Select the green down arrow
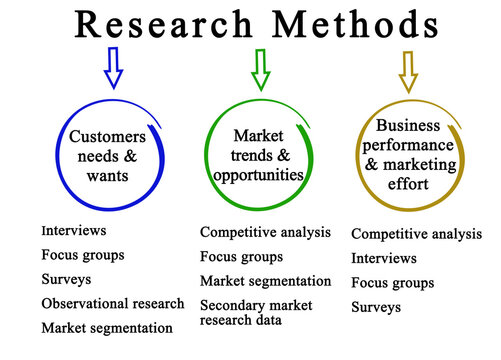click(x=261, y=70)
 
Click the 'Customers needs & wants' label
click(x=108, y=155)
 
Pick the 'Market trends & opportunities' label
click(x=258, y=155)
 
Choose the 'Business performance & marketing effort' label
click(x=408, y=154)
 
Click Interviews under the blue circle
click(x=74, y=230)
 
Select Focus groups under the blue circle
click(x=83, y=254)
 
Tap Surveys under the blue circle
click(x=66, y=278)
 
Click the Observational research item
click(x=113, y=303)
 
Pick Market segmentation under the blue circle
click(x=107, y=327)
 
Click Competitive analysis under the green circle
click(x=265, y=232)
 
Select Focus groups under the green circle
click(x=242, y=256)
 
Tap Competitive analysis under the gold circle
click(x=416, y=234)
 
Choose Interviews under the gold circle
click(x=384, y=258)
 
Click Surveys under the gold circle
click(x=376, y=307)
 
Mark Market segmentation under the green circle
click(x=265, y=281)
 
